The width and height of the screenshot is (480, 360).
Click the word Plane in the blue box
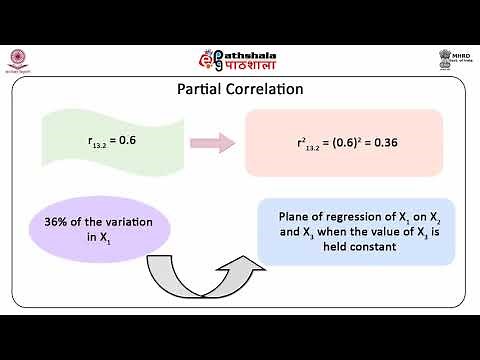[296, 213]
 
